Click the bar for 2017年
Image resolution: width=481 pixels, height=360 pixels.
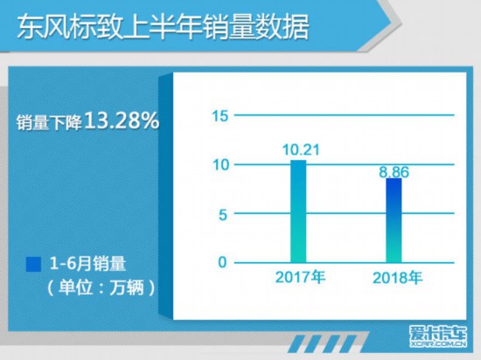[x=298, y=211]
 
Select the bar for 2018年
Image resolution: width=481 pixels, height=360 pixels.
[x=394, y=220]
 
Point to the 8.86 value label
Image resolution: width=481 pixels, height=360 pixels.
[x=394, y=172]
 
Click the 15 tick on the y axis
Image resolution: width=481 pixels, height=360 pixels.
[x=220, y=116]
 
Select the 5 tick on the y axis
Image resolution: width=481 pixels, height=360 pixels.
[x=223, y=214]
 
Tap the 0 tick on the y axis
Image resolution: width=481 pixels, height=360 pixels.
[x=223, y=262]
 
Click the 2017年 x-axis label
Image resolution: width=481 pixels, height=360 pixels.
[x=300, y=277]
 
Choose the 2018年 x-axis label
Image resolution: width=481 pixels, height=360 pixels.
[x=398, y=278]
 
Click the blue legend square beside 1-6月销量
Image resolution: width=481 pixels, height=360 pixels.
[x=33, y=264]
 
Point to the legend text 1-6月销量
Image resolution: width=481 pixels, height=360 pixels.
[x=87, y=264]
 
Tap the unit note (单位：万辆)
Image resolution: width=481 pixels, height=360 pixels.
[x=101, y=287]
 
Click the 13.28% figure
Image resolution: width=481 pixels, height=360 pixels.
[x=122, y=121]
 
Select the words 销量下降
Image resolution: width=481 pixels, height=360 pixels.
[x=49, y=123]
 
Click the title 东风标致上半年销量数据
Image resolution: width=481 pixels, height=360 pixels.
[x=163, y=27]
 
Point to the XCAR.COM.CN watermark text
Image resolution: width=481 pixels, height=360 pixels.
[x=438, y=344]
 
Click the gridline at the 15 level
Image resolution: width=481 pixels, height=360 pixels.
[x=345, y=115]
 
